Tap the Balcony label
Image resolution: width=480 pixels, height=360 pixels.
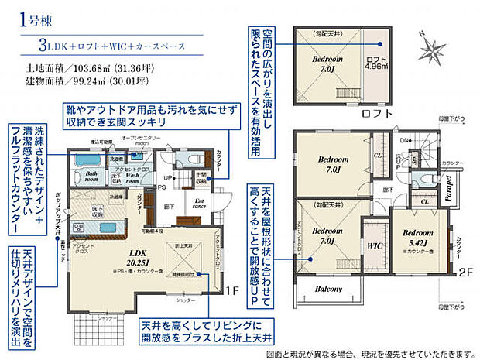(328, 289)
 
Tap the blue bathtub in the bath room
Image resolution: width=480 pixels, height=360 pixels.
(94, 159)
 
